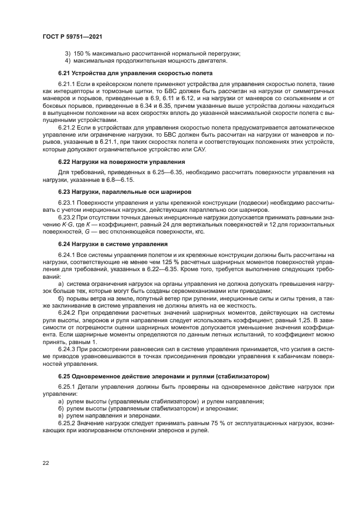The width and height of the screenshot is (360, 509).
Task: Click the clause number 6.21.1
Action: coord(66,84)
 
